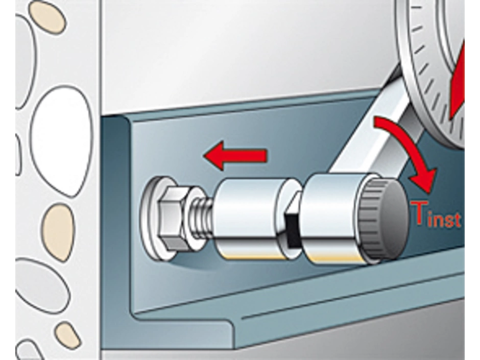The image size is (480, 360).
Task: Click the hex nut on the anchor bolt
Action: [174, 218]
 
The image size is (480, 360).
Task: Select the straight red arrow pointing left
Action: [235, 156]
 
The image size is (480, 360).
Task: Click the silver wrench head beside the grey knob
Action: [333, 218]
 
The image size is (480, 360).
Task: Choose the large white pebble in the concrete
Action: [62, 141]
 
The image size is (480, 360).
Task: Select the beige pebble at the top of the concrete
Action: [47, 17]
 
